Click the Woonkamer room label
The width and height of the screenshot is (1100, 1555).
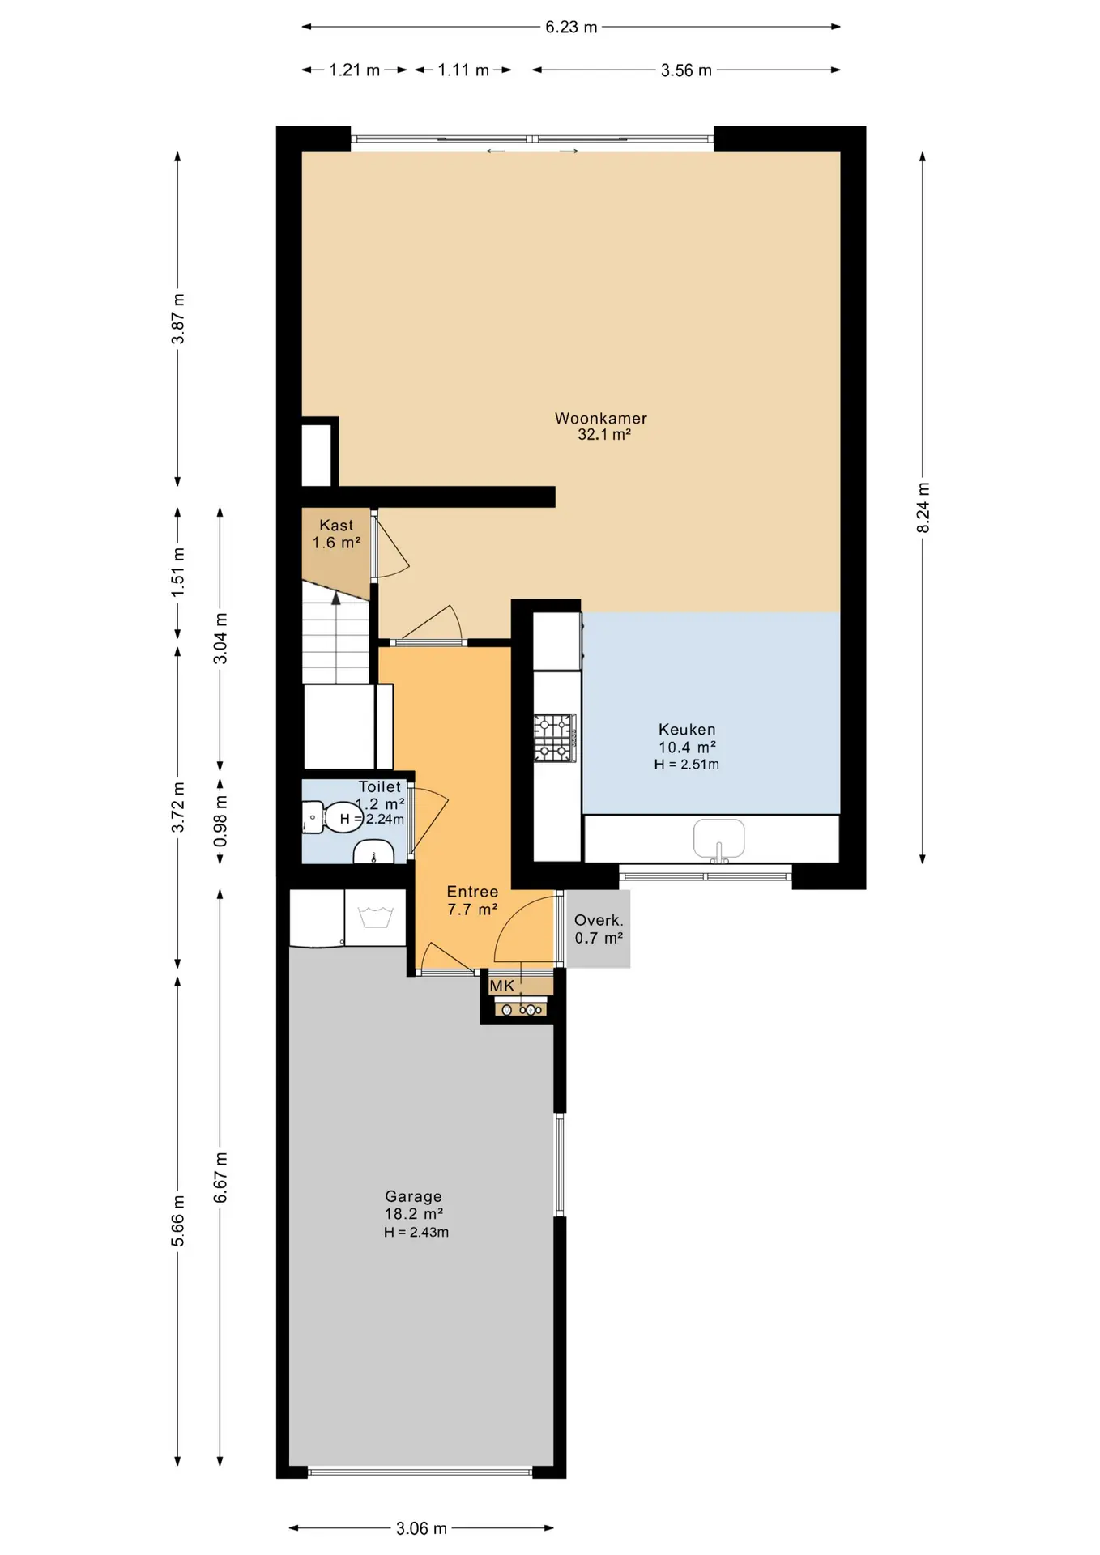601,419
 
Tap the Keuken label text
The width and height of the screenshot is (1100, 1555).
687,730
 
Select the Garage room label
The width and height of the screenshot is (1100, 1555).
413,1196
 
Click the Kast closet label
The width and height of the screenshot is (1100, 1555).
336,526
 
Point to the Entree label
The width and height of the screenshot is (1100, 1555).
472,892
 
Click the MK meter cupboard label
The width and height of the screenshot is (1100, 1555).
502,986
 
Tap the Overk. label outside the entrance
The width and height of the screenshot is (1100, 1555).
599,920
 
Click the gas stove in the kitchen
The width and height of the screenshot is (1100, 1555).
555,738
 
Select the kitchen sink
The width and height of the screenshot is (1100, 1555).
718,839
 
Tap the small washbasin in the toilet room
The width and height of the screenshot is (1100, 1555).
373,853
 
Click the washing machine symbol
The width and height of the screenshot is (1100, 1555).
375,918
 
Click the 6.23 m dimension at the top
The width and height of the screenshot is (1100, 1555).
571,27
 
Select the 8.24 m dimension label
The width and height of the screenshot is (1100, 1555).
923,508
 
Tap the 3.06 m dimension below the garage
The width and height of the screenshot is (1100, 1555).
421,1528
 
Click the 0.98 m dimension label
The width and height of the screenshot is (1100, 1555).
220,820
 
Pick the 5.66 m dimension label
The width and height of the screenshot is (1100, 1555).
178,1221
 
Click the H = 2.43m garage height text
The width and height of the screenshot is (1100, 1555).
416,1232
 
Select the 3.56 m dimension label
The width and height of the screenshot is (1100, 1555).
686,70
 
